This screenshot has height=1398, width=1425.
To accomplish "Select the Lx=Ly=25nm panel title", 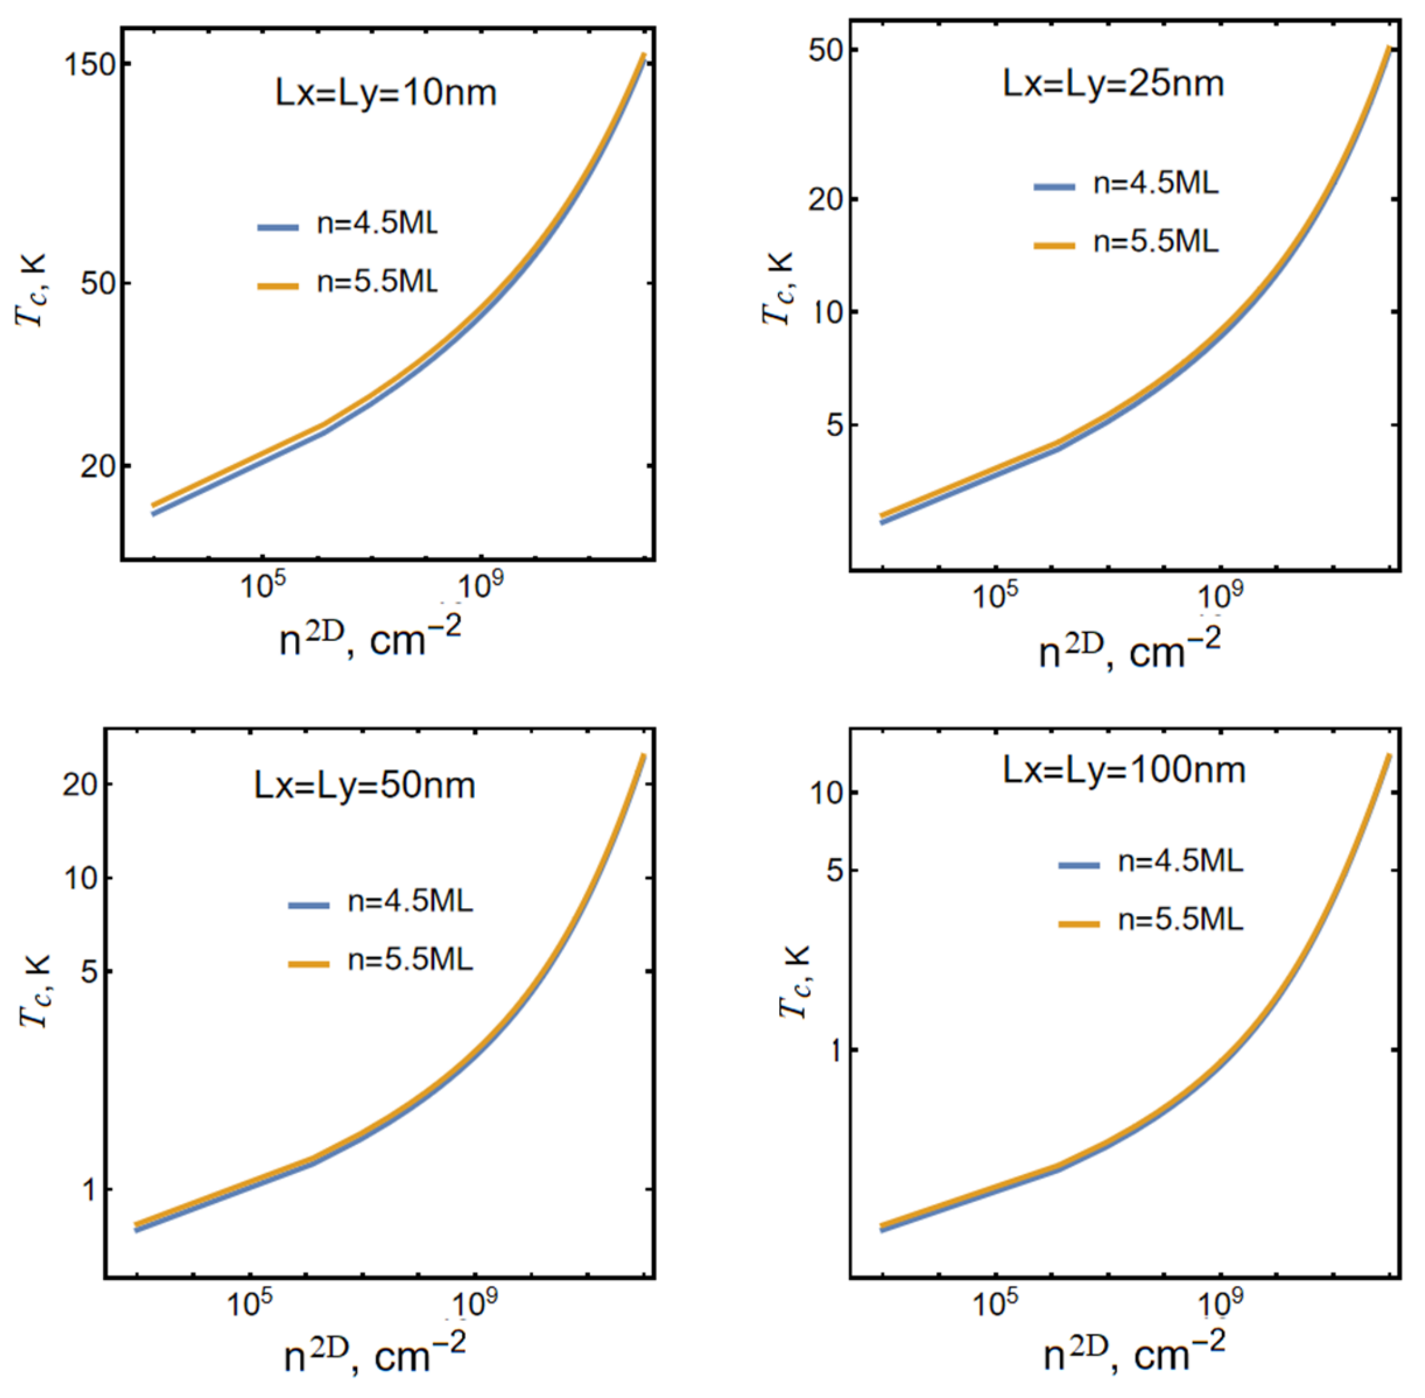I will coord(1113,84).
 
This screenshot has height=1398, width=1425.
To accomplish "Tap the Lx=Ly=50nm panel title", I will coord(364,786).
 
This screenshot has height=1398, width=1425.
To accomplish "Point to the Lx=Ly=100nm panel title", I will coord(1124,770).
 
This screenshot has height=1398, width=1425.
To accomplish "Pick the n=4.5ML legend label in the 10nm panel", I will coord(377,223).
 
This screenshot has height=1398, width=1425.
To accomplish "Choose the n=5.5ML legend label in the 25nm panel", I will coord(1155,242).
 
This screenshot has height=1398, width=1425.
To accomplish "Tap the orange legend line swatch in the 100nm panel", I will coord(1079,924).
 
